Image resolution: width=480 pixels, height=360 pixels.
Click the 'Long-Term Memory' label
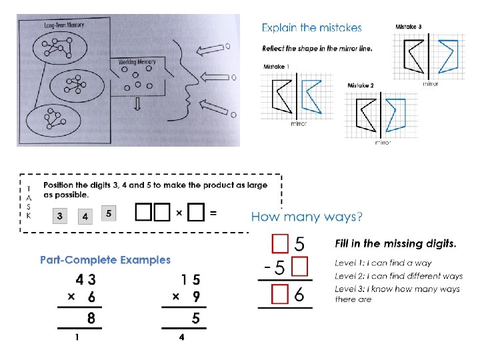click(x=64, y=25)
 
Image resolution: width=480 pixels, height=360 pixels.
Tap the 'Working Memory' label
click(x=137, y=62)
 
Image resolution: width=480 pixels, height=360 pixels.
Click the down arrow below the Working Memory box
click(x=136, y=105)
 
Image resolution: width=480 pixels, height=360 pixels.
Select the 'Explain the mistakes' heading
click(x=311, y=28)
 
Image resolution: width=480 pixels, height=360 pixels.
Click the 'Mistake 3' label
click(x=408, y=26)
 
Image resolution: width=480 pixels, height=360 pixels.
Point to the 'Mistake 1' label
click(x=277, y=67)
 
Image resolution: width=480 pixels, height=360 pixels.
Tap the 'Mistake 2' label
click(x=361, y=85)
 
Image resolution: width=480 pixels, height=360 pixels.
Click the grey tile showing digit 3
click(x=61, y=216)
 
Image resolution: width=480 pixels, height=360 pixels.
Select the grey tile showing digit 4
click(x=85, y=216)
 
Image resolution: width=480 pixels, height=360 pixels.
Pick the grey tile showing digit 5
click(x=109, y=213)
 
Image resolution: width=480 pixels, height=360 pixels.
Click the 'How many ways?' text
click(x=307, y=217)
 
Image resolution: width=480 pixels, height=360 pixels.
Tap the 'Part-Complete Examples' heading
click(x=105, y=260)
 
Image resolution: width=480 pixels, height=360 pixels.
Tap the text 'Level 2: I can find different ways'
click(x=398, y=276)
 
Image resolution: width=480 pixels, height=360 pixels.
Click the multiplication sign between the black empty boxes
click(x=179, y=213)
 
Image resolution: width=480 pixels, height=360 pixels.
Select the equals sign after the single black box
click(x=213, y=213)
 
